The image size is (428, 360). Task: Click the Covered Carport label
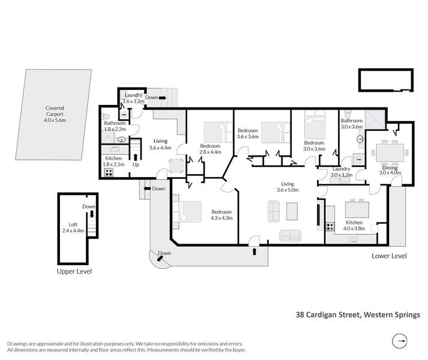pos(55,113)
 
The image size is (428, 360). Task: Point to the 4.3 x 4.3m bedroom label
pos(222,215)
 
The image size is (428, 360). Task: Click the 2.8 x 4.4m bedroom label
pos(210,149)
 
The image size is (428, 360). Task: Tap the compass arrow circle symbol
pos(399,341)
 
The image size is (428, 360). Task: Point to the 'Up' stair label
pos(136,164)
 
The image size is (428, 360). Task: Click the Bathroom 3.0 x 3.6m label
pos(352,124)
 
